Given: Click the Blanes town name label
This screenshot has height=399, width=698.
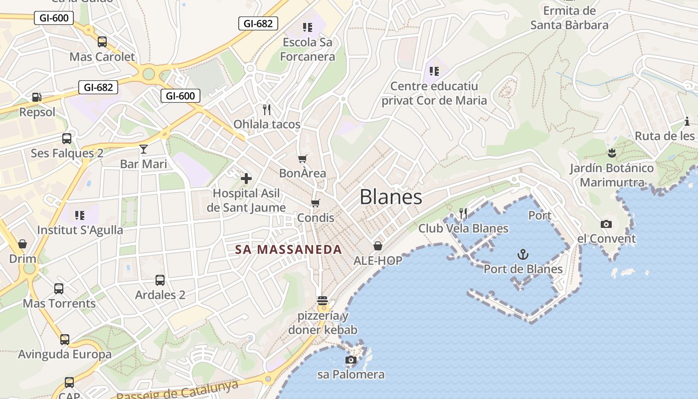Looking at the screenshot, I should coord(391,197).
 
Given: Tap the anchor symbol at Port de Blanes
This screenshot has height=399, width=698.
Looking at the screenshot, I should coord(523,255).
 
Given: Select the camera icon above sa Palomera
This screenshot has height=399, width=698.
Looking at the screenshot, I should coord(351,360).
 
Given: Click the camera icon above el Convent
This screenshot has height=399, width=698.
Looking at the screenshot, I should coord(606,224).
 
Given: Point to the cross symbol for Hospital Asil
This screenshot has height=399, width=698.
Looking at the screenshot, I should coord(246,178).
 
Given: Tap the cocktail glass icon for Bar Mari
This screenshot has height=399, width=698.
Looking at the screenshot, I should coord(144,149).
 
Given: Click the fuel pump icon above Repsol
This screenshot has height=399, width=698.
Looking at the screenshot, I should coord(37,97).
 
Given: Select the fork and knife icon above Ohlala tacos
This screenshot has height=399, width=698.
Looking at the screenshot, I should coord(267,109).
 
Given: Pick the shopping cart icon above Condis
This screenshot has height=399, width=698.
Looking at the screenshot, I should coord(315,203).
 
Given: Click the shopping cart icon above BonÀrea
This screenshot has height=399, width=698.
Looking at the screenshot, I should coord(302,159).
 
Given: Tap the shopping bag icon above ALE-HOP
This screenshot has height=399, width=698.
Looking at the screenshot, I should coord(378,246).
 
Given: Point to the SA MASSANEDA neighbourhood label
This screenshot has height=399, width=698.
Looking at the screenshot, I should coord(289,250).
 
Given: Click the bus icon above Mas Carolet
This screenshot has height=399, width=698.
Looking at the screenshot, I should coord(102,42).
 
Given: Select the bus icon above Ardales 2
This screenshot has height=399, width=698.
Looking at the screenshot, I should coord(160,280).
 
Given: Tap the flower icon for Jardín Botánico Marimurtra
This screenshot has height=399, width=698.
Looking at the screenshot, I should coord(612,153).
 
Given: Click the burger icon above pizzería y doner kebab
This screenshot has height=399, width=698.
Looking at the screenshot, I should coord(323,301).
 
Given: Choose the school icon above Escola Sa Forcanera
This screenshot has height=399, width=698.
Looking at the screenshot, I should coord(307,27).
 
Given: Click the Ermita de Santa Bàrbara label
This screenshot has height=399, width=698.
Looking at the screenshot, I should coord(569,18).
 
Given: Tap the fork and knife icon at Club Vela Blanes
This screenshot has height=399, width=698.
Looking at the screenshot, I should coord(463,213).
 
